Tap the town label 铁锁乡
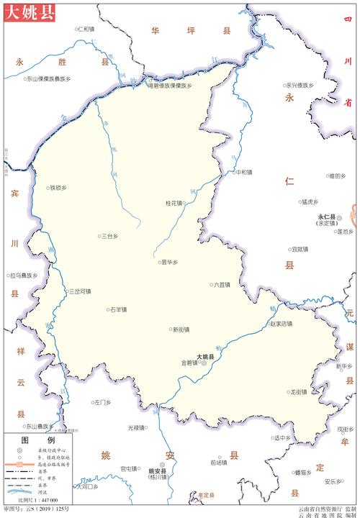click(58, 188)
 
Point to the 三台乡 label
click(109, 235)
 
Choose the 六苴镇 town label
click(220, 285)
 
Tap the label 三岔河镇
click(79, 291)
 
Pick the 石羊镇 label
click(117, 310)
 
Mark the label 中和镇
click(244, 172)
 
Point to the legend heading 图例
click(28, 440)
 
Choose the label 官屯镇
click(129, 468)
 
